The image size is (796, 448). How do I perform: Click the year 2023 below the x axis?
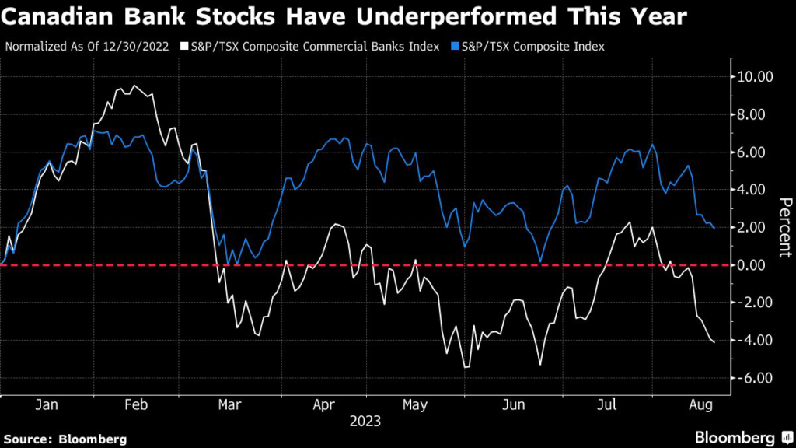coord(365,422)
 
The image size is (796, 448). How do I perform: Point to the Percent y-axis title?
coord(786,227)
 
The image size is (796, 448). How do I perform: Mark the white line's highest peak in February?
coord(134,86)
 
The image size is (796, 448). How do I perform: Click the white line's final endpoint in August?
coord(715,343)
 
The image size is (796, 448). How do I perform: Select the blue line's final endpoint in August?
coord(715,229)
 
